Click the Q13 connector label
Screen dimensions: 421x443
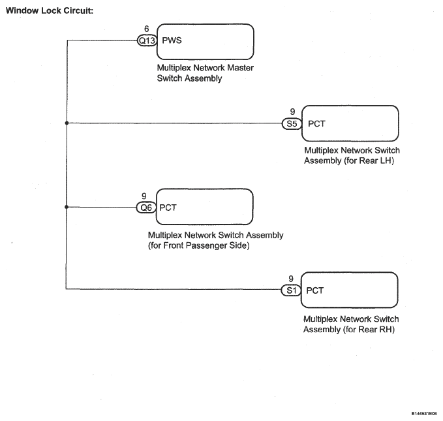[x=145, y=40]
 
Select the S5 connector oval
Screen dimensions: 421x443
[x=291, y=123]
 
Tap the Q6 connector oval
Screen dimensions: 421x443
[x=145, y=208]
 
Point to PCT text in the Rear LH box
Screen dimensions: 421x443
[x=316, y=123]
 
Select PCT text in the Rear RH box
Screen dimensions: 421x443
[x=315, y=290]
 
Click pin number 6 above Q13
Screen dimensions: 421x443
[x=145, y=29]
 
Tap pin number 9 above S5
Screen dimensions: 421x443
[x=292, y=112]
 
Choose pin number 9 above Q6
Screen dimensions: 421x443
[x=144, y=196]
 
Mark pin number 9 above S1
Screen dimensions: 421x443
[x=291, y=279]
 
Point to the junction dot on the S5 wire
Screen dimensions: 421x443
[x=67, y=123]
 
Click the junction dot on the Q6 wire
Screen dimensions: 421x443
[x=67, y=208]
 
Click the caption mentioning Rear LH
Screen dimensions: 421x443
[x=351, y=155]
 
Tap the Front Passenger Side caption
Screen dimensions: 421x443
[x=215, y=240]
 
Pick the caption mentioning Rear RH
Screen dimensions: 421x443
[x=351, y=324]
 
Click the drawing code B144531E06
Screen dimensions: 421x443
[x=424, y=413]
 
